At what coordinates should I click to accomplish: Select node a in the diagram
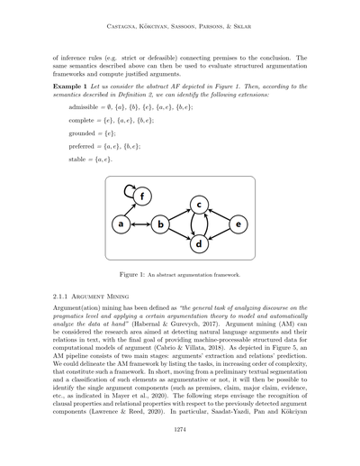pos(120,223)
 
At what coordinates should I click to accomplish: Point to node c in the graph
pos(199,205)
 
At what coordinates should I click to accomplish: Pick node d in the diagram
pos(199,242)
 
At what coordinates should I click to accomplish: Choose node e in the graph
pos(238,223)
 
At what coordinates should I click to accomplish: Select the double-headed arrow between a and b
pos(140,223)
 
